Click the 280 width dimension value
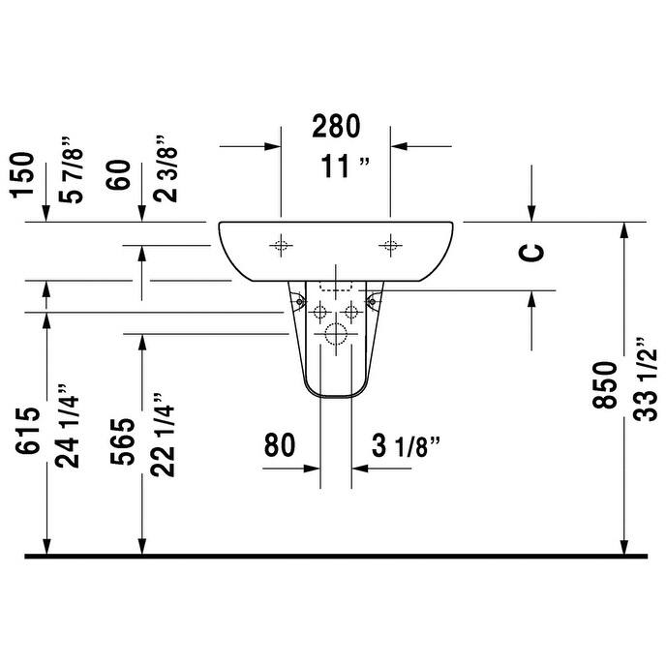tap(335, 126)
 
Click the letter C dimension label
tap(532, 252)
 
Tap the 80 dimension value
tap(280, 446)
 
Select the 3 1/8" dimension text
tap(407, 446)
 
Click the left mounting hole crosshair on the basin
tap(281, 245)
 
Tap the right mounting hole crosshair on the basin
tap(390, 245)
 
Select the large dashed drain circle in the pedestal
tap(335, 336)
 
